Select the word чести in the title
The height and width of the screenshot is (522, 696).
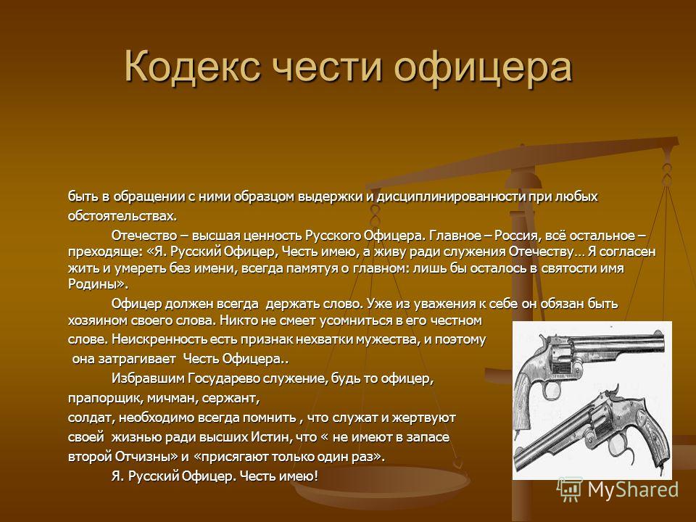tap(326, 67)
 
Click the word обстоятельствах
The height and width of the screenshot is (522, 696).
tap(122, 216)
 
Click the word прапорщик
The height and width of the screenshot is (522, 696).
tap(102, 398)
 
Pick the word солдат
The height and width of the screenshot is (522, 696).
tap(89, 418)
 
